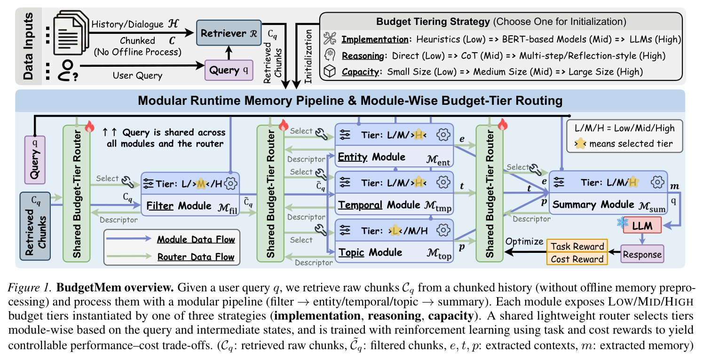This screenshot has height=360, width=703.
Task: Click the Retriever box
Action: point(229,33)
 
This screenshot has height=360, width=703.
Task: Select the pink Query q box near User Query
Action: point(229,70)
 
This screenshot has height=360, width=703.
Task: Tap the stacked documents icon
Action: point(71,32)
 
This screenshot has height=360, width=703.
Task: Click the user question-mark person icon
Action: point(67,70)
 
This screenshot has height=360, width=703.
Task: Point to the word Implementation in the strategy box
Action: point(375,39)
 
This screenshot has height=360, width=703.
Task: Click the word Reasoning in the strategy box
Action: point(363,56)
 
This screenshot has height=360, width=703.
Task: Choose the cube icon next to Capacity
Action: point(330,71)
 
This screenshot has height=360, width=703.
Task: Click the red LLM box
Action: point(642,225)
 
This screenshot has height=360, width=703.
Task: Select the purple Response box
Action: point(642,254)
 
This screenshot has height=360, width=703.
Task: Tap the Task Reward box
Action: point(577,246)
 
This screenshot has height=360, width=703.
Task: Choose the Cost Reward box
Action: point(577,258)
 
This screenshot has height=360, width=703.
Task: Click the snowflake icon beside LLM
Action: point(622,223)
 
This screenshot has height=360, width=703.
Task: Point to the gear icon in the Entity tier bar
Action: point(443,135)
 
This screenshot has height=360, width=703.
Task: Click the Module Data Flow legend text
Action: point(196,240)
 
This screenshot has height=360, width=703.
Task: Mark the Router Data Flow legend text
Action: point(196,257)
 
